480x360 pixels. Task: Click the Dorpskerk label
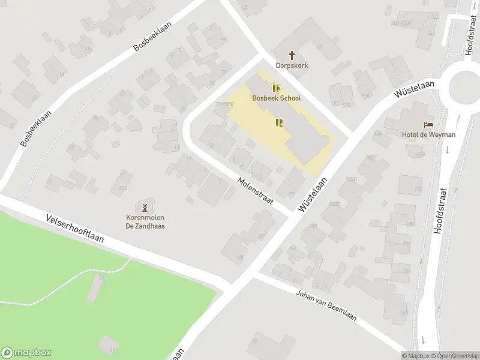coord(292,65)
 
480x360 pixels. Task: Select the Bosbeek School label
coord(277,98)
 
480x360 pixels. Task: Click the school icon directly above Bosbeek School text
coord(276,88)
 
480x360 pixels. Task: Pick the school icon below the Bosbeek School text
coord(278,123)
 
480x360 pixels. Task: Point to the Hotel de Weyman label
coord(428,135)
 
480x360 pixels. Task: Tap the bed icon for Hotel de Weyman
coord(428,125)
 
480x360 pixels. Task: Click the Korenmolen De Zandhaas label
coord(145,222)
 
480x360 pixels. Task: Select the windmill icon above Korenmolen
coord(145,206)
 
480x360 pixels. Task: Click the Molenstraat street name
coord(255,191)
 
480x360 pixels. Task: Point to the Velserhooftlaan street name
coord(74,229)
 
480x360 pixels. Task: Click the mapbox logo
coord(26,353)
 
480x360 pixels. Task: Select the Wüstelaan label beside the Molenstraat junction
coord(313,194)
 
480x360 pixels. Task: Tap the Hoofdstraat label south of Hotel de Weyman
coord(442,211)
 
